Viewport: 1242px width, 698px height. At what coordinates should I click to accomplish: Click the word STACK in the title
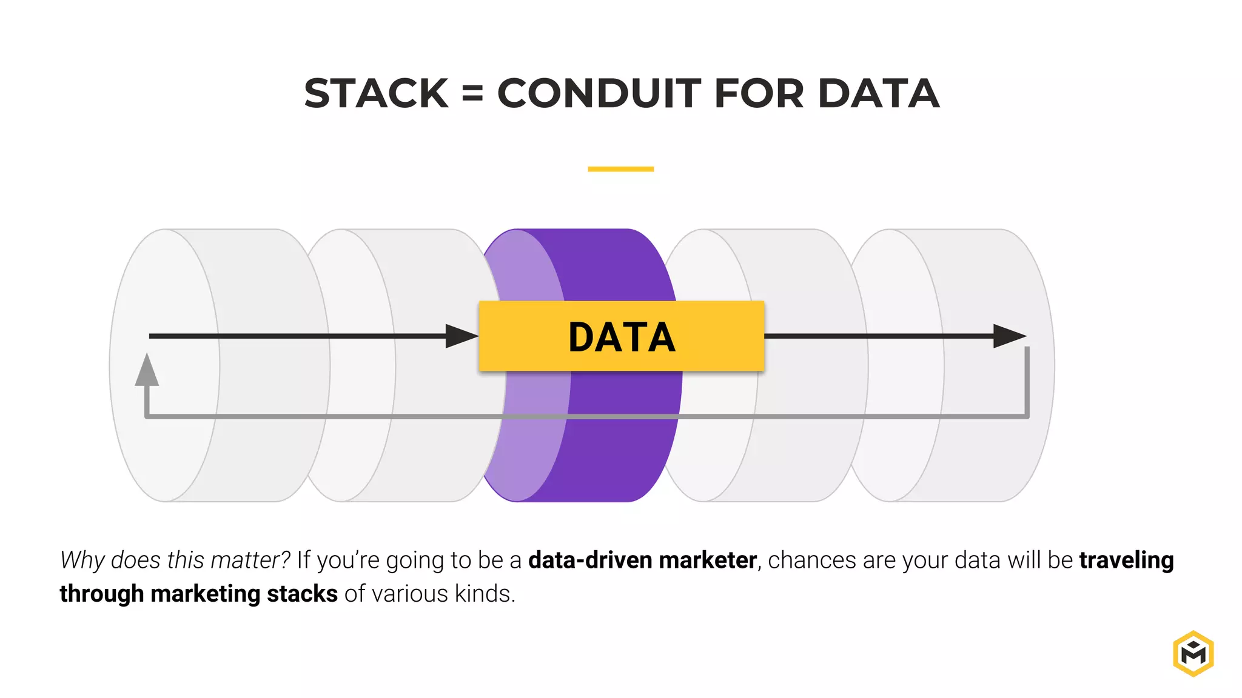(x=376, y=94)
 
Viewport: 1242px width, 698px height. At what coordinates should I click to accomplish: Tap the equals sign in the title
(x=472, y=94)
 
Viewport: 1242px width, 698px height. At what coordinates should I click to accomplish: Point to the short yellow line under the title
(x=620, y=169)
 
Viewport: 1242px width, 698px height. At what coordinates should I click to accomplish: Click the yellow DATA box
(x=621, y=336)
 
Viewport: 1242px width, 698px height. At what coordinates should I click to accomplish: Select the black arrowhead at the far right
(x=1009, y=336)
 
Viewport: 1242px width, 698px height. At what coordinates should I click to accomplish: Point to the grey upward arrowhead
(x=147, y=370)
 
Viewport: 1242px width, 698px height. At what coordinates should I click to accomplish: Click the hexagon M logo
(x=1193, y=653)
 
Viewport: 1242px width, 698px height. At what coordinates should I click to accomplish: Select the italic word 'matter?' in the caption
(x=250, y=560)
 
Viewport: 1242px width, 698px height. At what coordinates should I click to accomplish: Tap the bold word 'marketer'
(x=708, y=560)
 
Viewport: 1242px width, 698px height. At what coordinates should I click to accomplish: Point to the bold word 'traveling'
(x=1126, y=560)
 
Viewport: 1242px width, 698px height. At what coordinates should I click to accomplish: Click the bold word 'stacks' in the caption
(x=302, y=594)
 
